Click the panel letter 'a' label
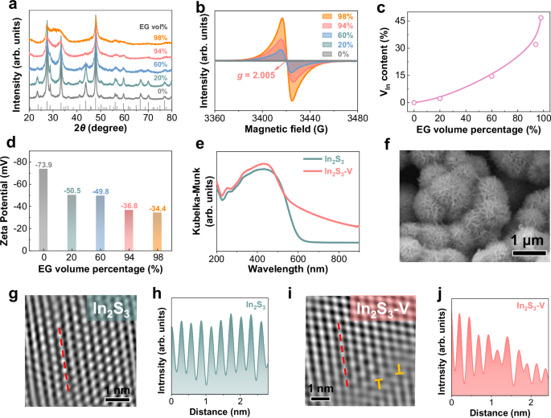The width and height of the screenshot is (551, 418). (7, 6)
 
